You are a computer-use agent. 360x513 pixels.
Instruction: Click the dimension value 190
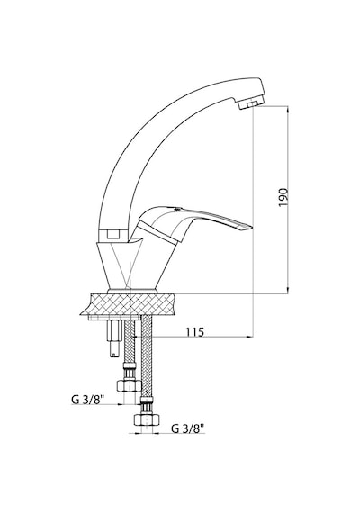click(283, 197)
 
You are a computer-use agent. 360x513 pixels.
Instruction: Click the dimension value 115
click(194, 332)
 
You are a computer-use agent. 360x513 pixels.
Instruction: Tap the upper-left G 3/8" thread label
click(88, 399)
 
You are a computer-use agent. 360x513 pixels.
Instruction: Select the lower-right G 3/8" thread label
click(188, 427)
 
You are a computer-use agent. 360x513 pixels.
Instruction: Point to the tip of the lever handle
click(252, 226)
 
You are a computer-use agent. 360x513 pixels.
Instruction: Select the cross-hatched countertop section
click(129, 304)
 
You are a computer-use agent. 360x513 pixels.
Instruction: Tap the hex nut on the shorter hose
click(129, 385)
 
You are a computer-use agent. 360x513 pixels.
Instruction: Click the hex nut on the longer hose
click(147, 419)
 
